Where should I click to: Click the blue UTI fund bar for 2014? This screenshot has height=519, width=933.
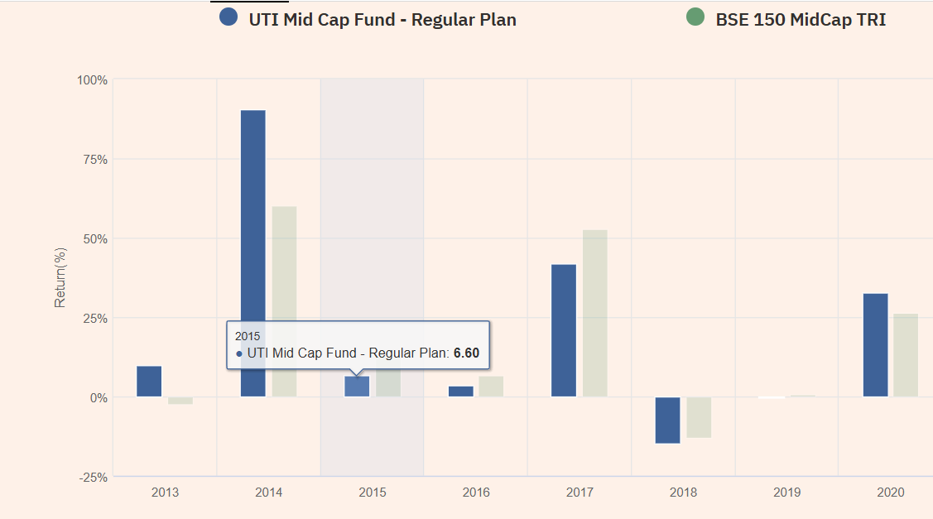[253, 253]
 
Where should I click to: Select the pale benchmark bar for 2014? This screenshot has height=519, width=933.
[284, 301]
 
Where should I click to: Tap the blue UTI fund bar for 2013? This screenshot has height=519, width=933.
[149, 382]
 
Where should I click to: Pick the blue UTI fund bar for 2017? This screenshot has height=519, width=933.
[564, 330]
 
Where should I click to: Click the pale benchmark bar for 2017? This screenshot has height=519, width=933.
[594, 313]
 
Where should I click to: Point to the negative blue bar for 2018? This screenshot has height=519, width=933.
[667, 420]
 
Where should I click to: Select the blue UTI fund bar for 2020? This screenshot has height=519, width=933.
[875, 345]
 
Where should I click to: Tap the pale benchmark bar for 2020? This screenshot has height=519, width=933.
[906, 355]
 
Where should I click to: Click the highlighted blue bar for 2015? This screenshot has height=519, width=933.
[357, 387]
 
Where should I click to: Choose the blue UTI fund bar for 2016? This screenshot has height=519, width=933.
[461, 392]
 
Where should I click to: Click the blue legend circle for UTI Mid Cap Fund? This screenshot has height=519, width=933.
[229, 17]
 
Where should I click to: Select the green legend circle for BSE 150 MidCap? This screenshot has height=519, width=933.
[695, 17]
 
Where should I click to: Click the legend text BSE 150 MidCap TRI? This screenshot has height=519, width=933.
[801, 19]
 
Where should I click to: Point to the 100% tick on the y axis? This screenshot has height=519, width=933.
[93, 80]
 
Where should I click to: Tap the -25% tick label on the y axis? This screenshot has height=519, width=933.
[92, 478]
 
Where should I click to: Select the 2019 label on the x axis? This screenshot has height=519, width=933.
[786, 493]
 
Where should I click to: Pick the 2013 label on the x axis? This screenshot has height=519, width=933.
[165, 493]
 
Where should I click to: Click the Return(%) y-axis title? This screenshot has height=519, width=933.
[60, 276]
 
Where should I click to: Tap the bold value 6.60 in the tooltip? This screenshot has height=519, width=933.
[466, 353]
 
